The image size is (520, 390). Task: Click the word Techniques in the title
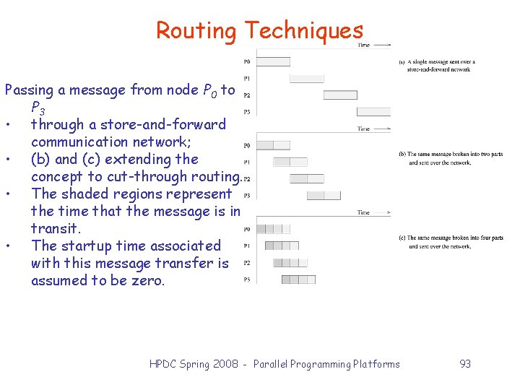[x=303, y=30]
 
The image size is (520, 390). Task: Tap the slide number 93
[x=465, y=364]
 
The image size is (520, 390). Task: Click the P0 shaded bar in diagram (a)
[x=273, y=61]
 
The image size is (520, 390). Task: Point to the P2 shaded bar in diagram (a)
[x=339, y=95]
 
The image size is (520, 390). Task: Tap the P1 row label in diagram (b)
[x=247, y=162]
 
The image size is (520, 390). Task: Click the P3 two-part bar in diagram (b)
[x=323, y=195]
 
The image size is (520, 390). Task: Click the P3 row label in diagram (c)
[x=247, y=279]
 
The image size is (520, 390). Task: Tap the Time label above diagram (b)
[x=364, y=129]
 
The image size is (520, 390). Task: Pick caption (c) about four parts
[x=451, y=242]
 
